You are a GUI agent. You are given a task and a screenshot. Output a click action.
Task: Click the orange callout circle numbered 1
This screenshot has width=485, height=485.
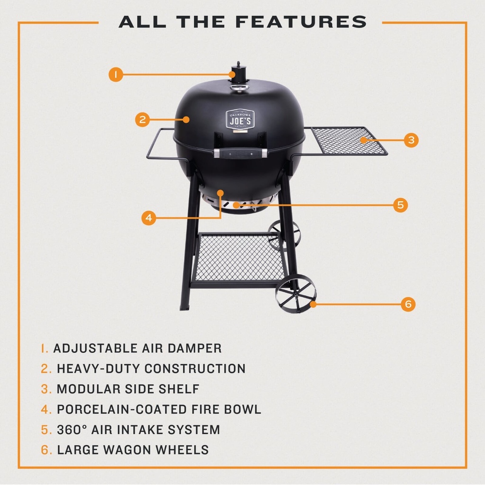point(116,74)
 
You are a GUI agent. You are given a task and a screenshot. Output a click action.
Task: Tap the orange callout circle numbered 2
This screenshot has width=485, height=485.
point(142,119)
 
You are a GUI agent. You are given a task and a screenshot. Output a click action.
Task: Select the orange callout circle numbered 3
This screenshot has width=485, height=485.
point(411,140)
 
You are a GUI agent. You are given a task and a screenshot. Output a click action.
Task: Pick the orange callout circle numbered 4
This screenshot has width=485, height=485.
point(149,218)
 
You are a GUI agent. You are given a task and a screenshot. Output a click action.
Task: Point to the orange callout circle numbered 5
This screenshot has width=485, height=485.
point(400,205)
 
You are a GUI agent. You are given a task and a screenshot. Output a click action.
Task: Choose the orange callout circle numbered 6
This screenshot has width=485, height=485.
point(408,304)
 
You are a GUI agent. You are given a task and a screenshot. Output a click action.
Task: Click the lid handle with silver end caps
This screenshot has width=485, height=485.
point(240,153)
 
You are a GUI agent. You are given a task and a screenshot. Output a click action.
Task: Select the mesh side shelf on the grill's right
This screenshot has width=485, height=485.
point(348,141)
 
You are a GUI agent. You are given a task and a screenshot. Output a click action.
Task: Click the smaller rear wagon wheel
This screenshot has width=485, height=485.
point(284,234)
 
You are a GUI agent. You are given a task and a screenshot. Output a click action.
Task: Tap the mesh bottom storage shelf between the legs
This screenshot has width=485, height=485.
point(239,258)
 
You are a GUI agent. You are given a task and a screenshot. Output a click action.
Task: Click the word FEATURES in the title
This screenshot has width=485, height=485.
point(302,22)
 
